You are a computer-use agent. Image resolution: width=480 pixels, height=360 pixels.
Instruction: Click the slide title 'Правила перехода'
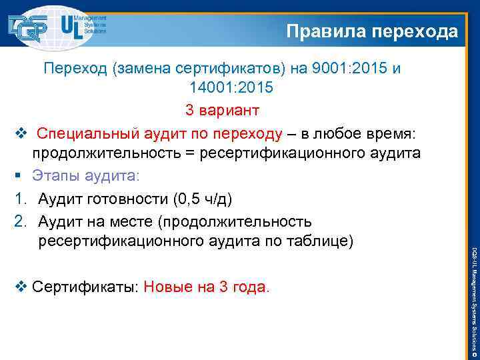click(372, 31)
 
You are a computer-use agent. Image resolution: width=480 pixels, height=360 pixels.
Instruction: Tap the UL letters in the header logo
click(71, 27)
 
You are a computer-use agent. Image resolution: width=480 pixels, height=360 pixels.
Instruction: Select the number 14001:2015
click(231, 87)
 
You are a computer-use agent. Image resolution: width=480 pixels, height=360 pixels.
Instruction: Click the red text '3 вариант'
click(222, 109)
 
